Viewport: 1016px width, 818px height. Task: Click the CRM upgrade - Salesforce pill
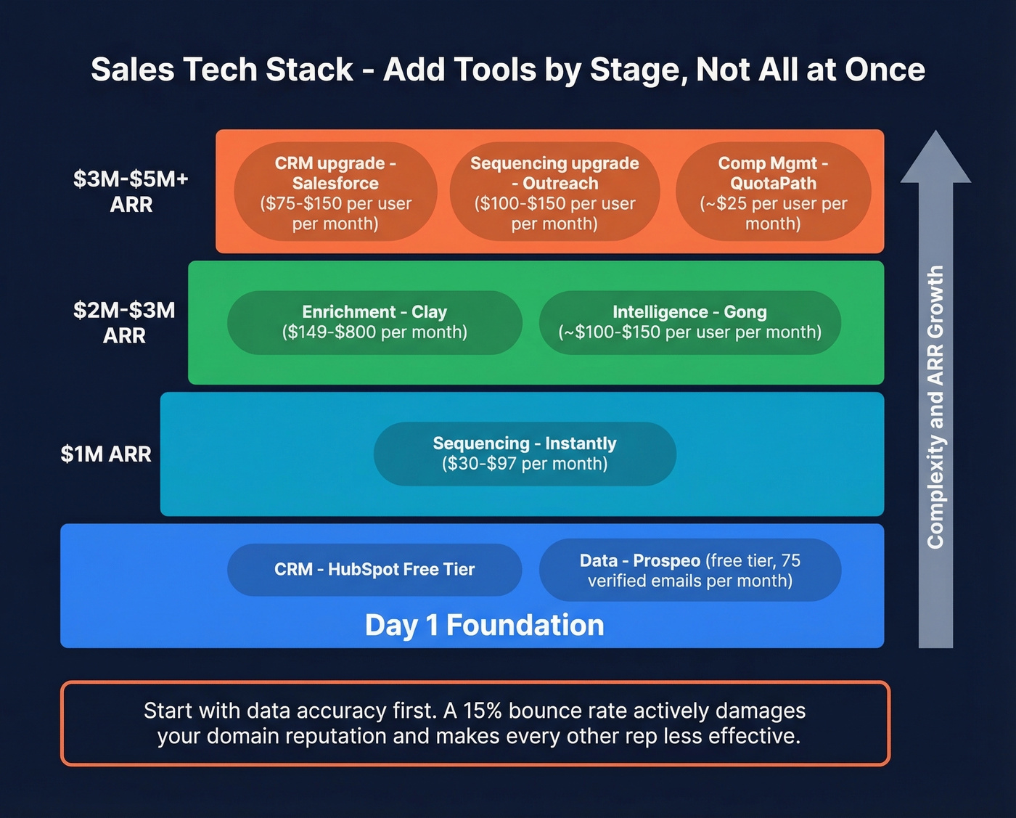(335, 192)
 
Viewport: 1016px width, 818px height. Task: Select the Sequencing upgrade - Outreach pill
(554, 192)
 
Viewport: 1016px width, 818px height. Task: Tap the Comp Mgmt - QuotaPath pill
(773, 192)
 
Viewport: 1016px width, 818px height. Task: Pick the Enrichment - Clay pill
(374, 322)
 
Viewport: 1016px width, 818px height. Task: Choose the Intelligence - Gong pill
(689, 322)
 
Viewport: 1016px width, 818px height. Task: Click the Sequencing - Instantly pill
(525, 454)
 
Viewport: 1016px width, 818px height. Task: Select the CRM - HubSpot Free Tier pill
(374, 570)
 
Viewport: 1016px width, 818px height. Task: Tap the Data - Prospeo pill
(689, 570)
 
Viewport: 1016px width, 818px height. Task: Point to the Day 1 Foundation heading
(484, 625)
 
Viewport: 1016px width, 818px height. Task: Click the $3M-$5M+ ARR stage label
(131, 192)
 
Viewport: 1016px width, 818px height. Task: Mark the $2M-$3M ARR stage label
(124, 322)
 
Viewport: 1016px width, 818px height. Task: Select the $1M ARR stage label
(106, 454)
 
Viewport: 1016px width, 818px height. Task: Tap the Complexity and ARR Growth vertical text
(935, 406)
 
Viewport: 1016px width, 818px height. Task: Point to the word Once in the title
(885, 70)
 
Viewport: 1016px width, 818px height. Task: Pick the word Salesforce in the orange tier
(335, 184)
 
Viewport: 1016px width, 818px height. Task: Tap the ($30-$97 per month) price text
(525, 464)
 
